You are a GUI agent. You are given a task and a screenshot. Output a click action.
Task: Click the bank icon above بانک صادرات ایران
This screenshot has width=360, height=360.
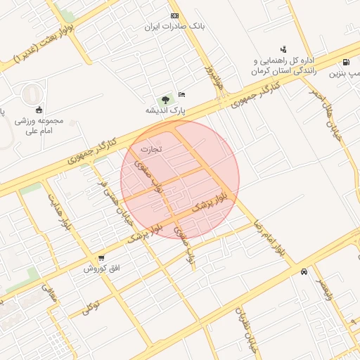174,15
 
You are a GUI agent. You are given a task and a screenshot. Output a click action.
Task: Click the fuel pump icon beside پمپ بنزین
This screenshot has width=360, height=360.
346,62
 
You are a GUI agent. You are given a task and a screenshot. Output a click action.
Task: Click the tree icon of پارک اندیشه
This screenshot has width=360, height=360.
165,99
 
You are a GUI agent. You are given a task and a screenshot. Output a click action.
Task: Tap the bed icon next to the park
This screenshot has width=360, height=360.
181,94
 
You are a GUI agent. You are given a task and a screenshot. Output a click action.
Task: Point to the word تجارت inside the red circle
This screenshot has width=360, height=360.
150,149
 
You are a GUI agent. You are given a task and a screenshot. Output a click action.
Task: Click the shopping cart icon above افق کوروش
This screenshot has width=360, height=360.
101,258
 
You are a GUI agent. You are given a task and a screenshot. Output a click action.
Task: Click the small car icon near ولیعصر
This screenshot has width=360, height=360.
303,271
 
